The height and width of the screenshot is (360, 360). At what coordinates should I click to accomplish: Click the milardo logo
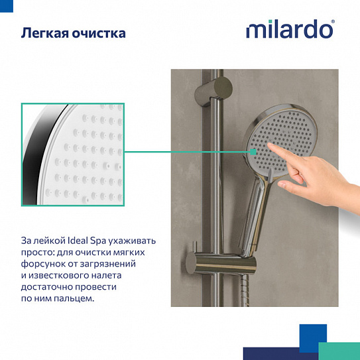290,30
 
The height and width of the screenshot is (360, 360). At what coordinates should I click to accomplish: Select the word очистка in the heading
99,32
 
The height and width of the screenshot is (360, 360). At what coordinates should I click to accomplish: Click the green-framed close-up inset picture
72,154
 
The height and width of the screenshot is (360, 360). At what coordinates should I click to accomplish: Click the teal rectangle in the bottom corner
339,351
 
